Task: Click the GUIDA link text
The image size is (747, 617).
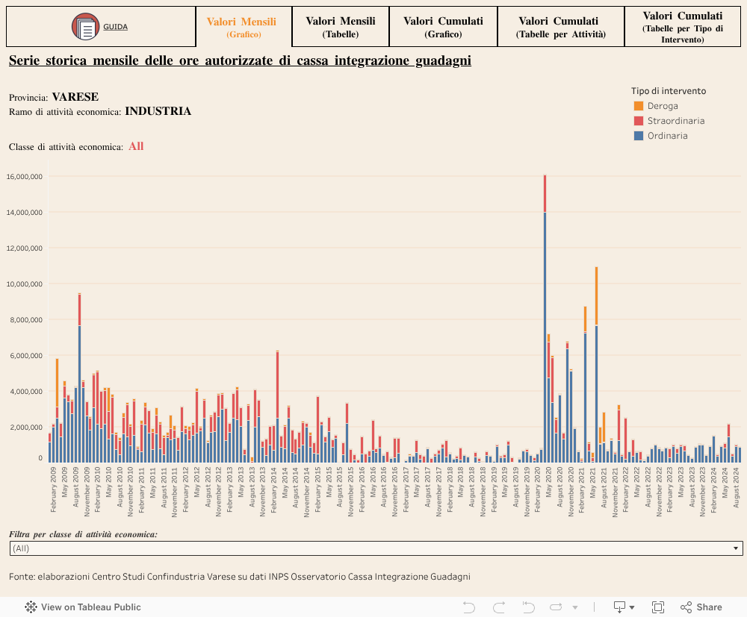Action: pyautogui.click(x=115, y=27)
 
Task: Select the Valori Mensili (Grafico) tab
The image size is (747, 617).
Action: pyautogui.click(x=241, y=27)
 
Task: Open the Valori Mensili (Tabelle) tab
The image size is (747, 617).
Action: pyautogui.click(x=341, y=27)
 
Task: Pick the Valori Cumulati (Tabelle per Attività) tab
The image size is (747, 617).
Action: pyautogui.click(x=560, y=27)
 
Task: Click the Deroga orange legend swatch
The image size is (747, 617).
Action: pyautogui.click(x=639, y=106)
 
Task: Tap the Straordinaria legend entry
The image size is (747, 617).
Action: pyautogui.click(x=675, y=121)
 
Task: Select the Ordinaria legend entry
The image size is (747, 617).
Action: pyautogui.click(x=667, y=136)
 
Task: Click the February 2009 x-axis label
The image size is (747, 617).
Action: pyautogui.click(x=54, y=490)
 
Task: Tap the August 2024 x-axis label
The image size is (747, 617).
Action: pyautogui.click(x=736, y=488)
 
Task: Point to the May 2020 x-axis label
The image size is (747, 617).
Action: pyautogui.click(x=549, y=482)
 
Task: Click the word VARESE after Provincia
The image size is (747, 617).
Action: pyautogui.click(x=75, y=97)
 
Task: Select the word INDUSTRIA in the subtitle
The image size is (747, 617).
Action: pyautogui.click(x=158, y=111)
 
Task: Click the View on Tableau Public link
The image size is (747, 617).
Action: pyautogui.click(x=83, y=607)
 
